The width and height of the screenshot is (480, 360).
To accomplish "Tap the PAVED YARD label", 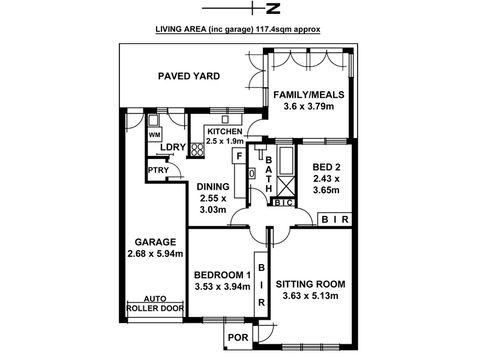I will pos(189,76).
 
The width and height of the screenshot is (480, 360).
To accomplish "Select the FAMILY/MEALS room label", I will pos(308,95).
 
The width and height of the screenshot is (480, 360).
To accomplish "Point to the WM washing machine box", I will pos(154,134).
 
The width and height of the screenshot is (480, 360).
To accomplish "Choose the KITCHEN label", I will pos(224,131).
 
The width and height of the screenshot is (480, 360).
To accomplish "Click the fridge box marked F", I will pos(238,157).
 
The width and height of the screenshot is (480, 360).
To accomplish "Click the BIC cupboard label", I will pos(283,203).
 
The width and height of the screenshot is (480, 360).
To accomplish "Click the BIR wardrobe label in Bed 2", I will pos(335,220).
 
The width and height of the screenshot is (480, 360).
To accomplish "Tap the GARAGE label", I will pos(155,242).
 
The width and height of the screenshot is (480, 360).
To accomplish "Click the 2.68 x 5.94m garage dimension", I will pos(155,254).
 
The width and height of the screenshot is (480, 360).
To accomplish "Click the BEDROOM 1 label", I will pos(222,275).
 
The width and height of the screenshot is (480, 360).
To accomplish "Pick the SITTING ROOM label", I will pos(311,284).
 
